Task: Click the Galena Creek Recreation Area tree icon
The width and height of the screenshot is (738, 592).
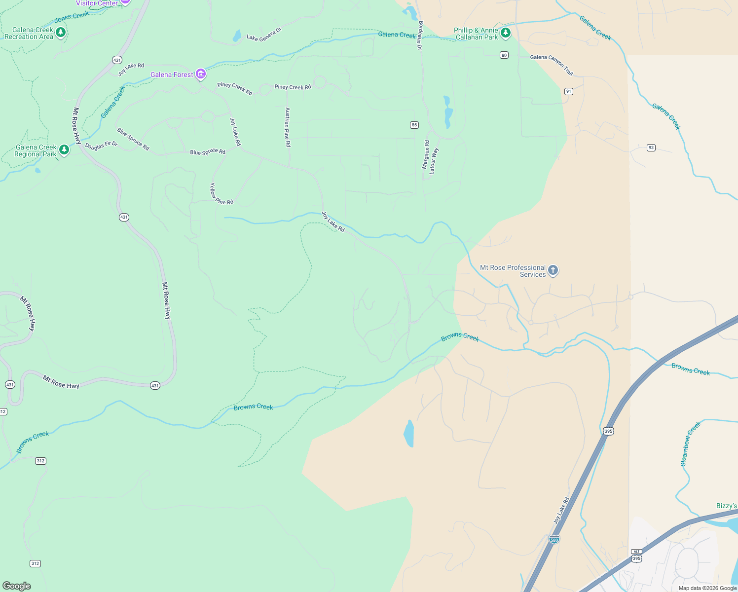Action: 61,33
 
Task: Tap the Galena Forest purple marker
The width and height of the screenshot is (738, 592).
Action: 200,74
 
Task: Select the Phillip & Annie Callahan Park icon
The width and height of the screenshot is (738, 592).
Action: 505,34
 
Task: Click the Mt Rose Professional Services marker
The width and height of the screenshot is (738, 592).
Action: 553,270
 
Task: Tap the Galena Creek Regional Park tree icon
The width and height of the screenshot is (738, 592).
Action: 64,150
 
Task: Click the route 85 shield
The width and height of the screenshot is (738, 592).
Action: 414,125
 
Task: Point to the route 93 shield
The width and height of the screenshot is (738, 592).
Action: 651,148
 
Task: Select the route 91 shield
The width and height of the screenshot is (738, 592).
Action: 569,91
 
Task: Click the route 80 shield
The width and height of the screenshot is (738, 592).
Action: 504,55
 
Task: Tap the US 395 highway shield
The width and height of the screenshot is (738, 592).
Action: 608,431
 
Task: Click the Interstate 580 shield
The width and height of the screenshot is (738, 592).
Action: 554,539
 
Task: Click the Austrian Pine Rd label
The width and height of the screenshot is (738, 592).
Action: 288,127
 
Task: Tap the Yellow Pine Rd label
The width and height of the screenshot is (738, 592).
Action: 220,195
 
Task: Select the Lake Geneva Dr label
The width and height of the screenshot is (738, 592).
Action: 264,35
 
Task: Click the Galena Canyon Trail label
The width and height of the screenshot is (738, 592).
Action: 552,65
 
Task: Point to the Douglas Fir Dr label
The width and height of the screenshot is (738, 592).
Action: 101,146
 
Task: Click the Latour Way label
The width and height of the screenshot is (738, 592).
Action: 433,161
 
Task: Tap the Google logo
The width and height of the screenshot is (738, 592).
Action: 17,586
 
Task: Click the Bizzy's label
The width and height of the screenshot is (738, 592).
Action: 726,506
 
